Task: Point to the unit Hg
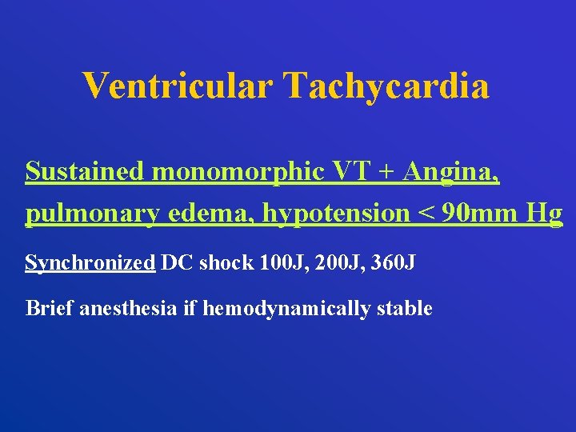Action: (x=546, y=214)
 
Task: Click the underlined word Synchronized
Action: (x=90, y=263)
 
